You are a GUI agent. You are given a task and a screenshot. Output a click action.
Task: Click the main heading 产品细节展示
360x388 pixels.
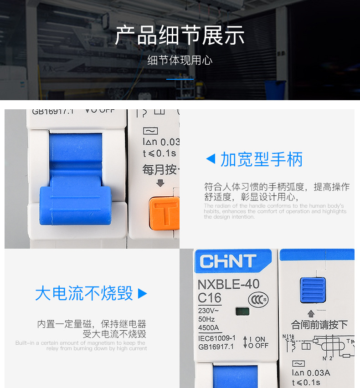[180, 36]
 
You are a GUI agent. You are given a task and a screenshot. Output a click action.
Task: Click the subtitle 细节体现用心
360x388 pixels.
[180, 61]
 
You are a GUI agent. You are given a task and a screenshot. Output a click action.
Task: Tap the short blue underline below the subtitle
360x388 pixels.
[180, 79]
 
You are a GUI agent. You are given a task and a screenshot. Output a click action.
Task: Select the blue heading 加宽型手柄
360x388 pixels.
[261, 159]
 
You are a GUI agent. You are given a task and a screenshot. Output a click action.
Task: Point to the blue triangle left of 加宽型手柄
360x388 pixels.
[211, 159]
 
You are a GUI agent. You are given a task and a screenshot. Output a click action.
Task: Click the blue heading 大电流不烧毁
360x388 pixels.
[84, 293]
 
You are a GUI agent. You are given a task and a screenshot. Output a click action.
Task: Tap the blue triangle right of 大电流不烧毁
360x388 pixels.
[142, 293]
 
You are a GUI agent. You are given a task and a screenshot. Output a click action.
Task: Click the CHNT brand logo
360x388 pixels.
[228, 261]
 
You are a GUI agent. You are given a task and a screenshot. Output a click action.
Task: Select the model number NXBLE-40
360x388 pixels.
[228, 284]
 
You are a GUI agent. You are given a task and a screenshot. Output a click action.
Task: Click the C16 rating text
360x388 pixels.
[209, 298]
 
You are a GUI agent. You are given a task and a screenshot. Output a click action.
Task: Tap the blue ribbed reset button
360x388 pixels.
[312, 290]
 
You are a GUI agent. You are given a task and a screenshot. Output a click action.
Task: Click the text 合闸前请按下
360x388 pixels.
[319, 325]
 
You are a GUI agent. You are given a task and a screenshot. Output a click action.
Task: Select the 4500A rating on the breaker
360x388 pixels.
[208, 327]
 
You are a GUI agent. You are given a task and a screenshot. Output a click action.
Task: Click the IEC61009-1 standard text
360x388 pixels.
[216, 338]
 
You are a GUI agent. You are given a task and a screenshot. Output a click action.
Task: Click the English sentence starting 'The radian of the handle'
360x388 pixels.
[275, 211]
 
